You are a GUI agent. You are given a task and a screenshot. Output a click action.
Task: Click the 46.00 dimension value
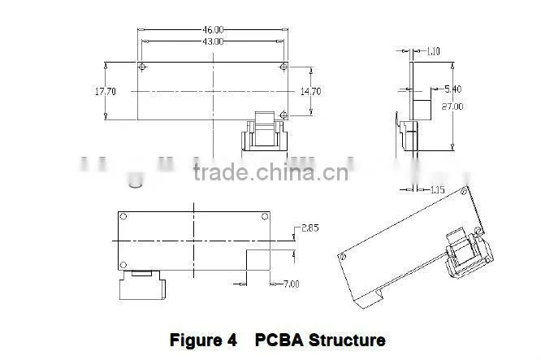tap(213, 30)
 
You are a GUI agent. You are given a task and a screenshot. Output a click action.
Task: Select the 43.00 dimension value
tap(213, 41)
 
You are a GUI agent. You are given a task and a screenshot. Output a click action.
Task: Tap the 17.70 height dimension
tap(106, 92)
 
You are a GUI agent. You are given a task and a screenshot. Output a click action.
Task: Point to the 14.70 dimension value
tap(310, 92)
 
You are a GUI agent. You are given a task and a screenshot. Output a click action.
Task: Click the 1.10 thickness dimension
tap(433, 51)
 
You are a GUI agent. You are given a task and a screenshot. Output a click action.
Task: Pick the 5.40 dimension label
tap(452, 89)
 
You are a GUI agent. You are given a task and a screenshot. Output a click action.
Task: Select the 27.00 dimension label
tap(452, 106)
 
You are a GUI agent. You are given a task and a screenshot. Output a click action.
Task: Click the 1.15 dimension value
tap(438, 189)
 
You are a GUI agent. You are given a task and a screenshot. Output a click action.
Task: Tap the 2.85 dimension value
tap(310, 228)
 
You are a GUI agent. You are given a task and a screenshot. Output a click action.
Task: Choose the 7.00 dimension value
tap(291, 284)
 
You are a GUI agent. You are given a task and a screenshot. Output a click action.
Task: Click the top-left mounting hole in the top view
tap(142, 67)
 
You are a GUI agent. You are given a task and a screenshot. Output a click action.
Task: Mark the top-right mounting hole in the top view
tap(283, 67)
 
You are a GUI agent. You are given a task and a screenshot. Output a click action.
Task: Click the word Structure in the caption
tap(347, 340)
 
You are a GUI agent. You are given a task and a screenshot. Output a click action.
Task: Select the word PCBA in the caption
tap(279, 340)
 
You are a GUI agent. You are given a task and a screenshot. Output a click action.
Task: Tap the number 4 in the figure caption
tap(232, 340)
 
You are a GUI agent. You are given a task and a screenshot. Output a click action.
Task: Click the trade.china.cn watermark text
tap(270, 172)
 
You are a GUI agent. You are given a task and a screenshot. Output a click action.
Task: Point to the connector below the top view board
tap(264, 131)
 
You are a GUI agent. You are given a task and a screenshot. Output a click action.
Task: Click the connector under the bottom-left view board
tap(142, 284)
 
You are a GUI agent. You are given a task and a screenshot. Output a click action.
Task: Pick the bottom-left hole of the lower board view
tap(123, 265)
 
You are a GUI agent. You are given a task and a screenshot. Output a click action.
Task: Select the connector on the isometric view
tap(469, 253)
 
